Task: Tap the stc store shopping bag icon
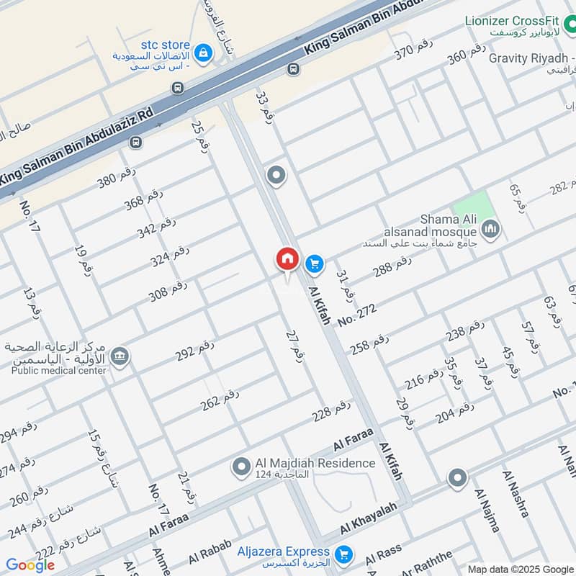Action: click(204, 52)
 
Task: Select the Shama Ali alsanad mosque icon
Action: click(492, 230)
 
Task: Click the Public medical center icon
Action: click(120, 356)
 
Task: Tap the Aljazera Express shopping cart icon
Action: click(345, 553)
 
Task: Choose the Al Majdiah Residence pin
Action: click(240, 468)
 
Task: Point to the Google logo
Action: click(30, 565)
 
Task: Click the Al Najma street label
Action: click(487, 510)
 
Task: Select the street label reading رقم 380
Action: click(117, 176)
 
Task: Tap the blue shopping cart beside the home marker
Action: click(314, 264)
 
